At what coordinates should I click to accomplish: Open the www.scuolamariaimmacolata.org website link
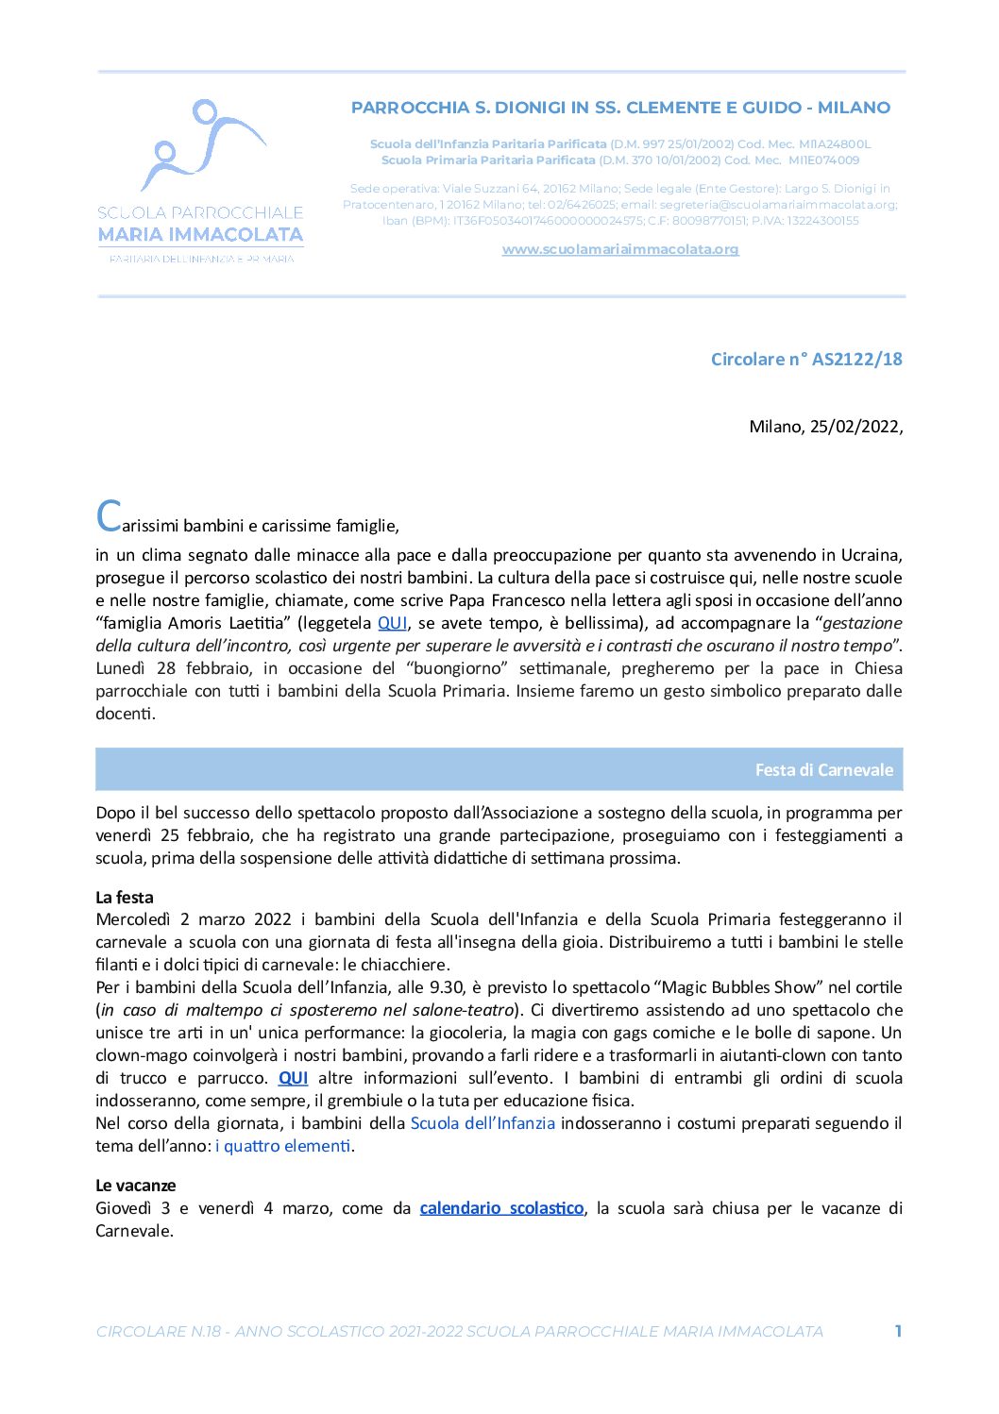(619, 249)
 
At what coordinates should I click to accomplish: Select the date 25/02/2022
(855, 427)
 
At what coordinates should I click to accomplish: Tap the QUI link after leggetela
(392, 623)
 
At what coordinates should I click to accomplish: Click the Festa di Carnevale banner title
(823, 770)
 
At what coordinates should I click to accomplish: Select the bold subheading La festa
(124, 897)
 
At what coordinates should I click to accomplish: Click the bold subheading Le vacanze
(135, 1185)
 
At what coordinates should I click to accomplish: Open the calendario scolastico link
(501, 1208)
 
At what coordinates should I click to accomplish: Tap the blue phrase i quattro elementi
(283, 1146)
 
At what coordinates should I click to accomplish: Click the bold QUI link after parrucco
(293, 1078)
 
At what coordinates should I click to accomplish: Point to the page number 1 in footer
(898, 1331)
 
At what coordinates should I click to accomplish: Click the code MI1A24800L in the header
(835, 144)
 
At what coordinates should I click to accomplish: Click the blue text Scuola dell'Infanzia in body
(483, 1123)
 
